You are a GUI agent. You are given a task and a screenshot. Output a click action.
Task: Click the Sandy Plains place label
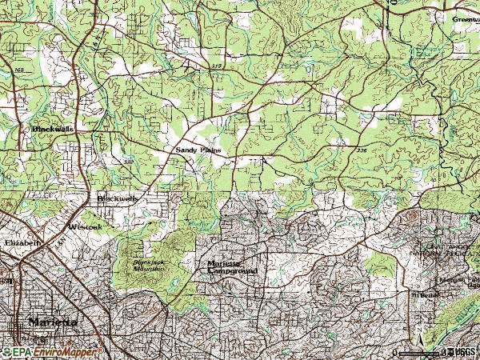tap(198, 150)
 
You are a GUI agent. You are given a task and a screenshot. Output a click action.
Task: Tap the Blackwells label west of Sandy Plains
tap(52, 128)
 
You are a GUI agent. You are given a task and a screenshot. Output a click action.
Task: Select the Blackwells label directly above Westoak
tap(117, 198)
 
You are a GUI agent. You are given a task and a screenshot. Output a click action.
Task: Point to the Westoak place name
tap(86, 226)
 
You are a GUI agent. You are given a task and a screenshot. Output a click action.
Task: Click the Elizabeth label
tap(22, 241)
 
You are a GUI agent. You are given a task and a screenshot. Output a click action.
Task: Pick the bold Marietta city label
tap(53, 322)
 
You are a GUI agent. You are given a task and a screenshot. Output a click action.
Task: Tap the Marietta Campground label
tap(232, 268)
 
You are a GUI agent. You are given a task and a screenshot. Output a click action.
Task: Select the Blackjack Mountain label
tap(149, 266)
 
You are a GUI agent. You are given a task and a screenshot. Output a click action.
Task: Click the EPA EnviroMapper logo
tap(53, 351)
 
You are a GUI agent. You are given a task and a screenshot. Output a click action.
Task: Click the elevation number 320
tap(127, 162)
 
